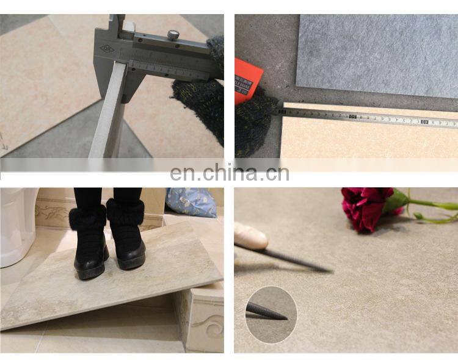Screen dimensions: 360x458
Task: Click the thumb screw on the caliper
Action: pyautogui.click(x=173, y=35)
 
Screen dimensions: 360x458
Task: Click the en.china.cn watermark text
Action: pyautogui.click(x=229, y=173)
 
